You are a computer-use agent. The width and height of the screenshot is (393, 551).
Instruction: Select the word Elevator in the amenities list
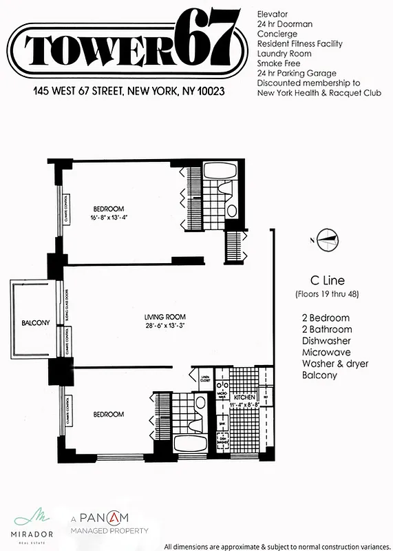pyautogui.click(x=273, y=14)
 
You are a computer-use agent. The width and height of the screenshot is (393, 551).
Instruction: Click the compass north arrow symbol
pyautogui.click(x=326, y=239)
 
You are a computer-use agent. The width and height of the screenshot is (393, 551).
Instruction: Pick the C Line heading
pyautogui.click(x=327, y=281)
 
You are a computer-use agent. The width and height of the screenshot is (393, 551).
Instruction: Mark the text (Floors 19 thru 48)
pyautogui.click(x=326, y=295)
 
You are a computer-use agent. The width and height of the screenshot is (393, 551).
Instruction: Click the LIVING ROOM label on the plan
pyautogui.click(x=162, y=317)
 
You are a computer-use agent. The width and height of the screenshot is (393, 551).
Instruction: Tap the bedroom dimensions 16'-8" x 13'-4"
pyautogui.click(x=109, y=217)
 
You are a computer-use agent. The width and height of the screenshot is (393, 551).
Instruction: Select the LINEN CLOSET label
pyautogui.click(x=204, y=378)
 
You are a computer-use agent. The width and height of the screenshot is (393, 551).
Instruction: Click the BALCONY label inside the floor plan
pyautogui.click(x=32, y=322)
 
